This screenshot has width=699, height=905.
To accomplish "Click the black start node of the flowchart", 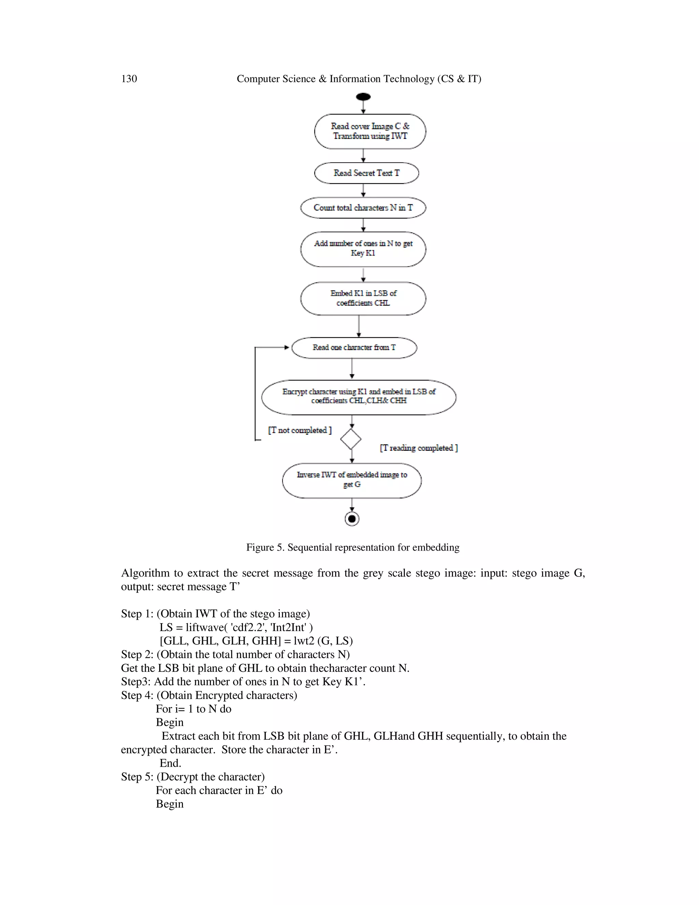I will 363,97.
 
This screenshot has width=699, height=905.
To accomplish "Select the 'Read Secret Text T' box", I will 367,173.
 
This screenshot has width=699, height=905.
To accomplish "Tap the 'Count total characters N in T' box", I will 363,208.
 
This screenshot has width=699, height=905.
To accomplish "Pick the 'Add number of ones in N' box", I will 363,249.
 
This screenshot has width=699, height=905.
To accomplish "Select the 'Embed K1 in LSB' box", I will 363,298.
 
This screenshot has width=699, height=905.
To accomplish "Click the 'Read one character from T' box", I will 354,348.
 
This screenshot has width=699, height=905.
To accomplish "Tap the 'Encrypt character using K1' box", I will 359,396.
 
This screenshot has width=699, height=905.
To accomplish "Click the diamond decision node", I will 351,439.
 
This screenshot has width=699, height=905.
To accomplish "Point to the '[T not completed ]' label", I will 300,430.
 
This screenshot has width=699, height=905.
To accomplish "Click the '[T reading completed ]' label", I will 419,448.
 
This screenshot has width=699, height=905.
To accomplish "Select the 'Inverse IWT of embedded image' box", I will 352,480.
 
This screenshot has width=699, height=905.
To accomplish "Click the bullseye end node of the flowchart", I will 352,519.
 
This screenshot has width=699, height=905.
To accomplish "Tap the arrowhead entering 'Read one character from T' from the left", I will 287,348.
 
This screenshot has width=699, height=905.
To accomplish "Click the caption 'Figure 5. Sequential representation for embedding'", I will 353,547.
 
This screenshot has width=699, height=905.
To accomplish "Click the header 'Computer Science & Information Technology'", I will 359,79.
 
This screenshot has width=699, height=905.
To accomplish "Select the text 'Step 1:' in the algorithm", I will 137,614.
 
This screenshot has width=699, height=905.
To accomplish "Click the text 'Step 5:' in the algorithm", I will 137,777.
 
